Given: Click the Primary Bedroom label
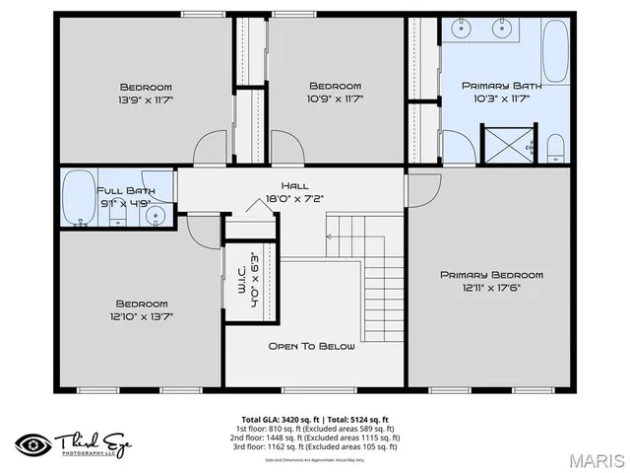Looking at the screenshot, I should [x=491, y=275].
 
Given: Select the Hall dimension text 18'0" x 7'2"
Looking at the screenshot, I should [x=294, y=198].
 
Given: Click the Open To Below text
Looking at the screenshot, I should [x=312, y=346].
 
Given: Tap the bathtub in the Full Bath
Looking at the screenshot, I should [x=78, y=199].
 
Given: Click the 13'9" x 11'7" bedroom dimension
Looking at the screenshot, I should [x=146, y=100].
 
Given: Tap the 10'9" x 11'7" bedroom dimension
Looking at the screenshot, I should [x=336, y=99].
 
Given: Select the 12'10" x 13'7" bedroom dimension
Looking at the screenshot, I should [x=142, y=316].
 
